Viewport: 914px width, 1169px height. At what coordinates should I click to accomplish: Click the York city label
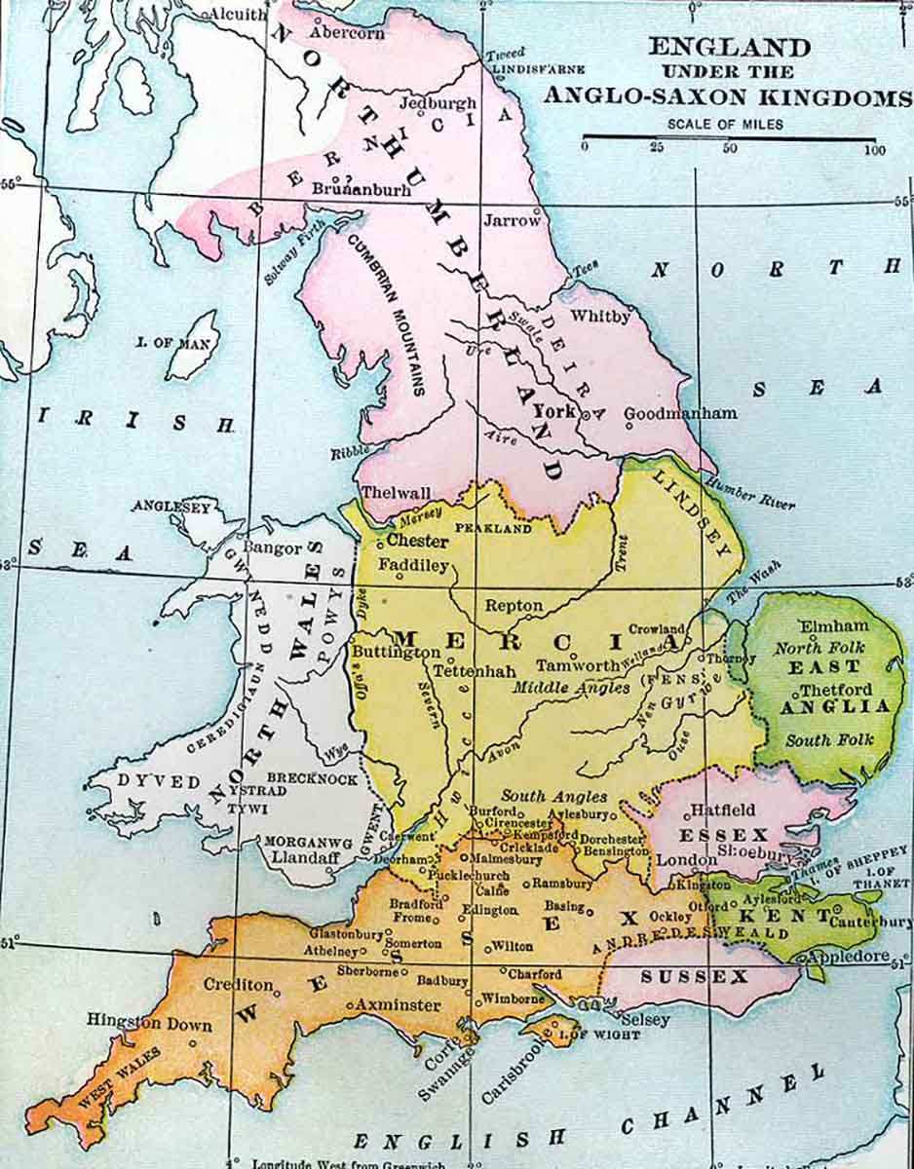point(555,411)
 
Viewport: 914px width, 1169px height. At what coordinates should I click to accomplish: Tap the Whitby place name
point(600,316)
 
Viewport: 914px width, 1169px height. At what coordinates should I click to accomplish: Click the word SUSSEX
point(694,976)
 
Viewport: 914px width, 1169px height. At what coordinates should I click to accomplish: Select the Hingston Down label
point(137,1021)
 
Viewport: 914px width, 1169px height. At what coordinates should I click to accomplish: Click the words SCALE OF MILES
point(725,124)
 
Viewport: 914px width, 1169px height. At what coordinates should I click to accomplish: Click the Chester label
point(418,541)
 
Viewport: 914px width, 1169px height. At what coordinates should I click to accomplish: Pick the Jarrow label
point(512,220)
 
